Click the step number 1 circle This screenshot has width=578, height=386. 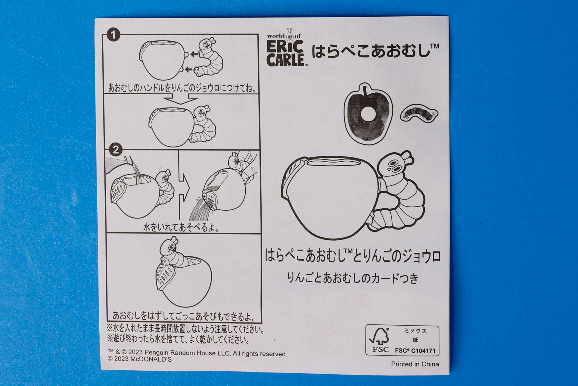113,35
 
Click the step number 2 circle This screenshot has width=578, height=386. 116,150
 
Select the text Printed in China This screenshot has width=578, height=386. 415,364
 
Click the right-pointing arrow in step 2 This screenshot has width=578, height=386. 184,189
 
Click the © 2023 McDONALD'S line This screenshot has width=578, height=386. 140,359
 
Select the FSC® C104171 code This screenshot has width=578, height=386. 415,351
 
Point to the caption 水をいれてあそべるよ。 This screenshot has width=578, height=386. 181,227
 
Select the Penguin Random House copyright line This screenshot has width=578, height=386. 197,353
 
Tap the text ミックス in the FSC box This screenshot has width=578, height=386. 415,331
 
